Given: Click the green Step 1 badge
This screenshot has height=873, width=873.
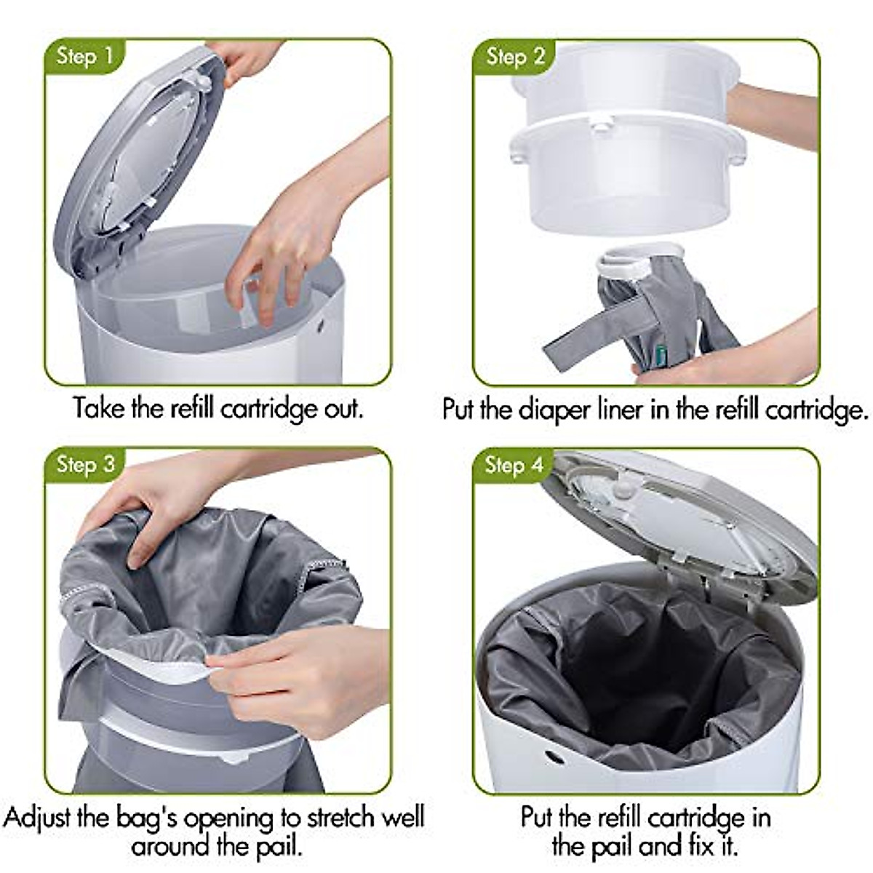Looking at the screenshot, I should point(84,56).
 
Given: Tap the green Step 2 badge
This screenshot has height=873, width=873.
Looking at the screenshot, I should point(514,56).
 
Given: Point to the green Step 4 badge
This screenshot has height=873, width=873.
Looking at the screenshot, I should point(514,464).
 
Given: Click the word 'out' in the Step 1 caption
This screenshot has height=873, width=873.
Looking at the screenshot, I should point(343,408).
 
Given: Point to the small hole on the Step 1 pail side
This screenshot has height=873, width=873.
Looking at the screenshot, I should point(321,328).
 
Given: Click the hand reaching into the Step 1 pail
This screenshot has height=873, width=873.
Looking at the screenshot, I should point(291,240).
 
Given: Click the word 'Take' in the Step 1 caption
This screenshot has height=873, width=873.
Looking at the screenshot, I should point(100,408).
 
